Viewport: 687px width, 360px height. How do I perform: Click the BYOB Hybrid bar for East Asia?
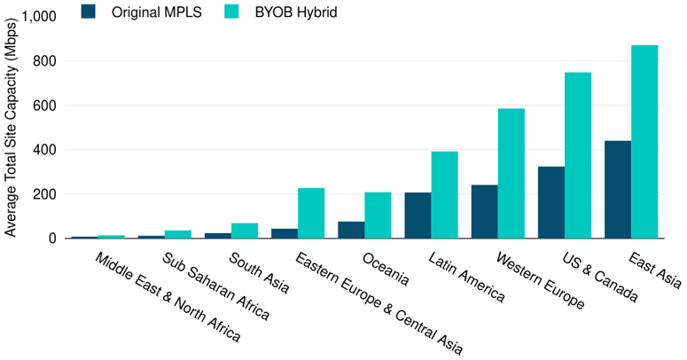644,142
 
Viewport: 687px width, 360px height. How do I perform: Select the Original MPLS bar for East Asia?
617,190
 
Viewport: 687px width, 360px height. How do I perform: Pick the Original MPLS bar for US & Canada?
550,202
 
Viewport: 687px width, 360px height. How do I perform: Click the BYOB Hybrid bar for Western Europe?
511,174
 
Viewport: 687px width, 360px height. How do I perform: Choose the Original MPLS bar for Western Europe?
484,212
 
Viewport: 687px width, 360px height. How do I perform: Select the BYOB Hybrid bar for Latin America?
444,195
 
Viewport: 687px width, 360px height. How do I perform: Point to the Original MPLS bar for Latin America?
418,215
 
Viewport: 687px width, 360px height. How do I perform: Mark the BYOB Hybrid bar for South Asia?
245,231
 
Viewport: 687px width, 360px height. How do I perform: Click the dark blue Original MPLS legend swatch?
88,12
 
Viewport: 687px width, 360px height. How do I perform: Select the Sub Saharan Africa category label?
215,286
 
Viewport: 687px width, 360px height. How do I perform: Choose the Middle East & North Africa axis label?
167,298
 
